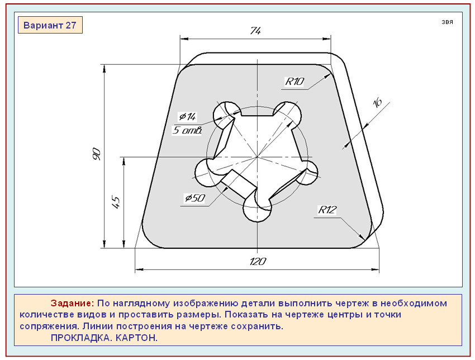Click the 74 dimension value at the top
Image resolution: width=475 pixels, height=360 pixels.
click(x=255, y=31)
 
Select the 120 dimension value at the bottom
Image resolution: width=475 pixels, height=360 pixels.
click(x=258, y=262)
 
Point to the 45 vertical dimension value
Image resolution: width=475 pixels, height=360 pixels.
click(x=116, y=202)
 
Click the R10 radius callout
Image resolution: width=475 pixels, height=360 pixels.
click(x=294, y=82)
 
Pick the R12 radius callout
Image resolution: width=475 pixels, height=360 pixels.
click(x=327, y=210)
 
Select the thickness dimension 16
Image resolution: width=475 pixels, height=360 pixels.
click(x=377, y=102)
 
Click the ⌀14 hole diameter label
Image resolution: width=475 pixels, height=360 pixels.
click(x=187, y=116)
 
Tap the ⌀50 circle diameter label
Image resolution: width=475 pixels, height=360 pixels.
click(x=194, y=198)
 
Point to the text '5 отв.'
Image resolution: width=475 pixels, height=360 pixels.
click(x=187, y=131)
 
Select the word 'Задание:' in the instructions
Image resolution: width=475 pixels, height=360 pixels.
click(x=72, y=304)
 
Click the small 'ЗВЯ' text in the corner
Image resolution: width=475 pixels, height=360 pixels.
click(x=447, y=22)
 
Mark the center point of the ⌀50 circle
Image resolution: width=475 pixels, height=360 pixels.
click(x=257, y=158)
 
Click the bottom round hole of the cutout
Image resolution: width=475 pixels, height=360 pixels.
click(x=257, y=208)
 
